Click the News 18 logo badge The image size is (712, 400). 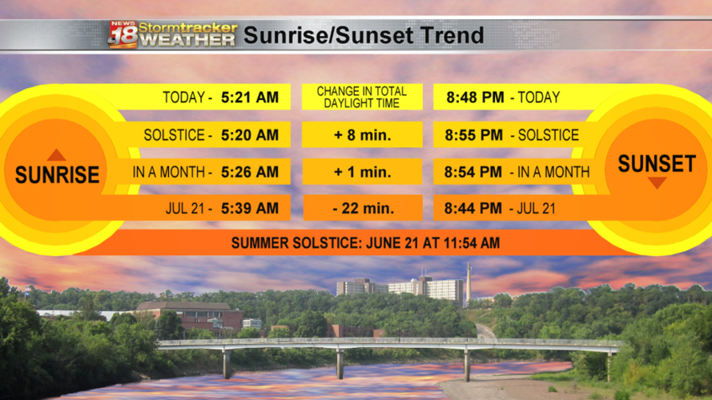coord(123,34)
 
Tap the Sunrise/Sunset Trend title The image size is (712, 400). coord(363,35)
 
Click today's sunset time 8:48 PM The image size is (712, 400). coord(475,98)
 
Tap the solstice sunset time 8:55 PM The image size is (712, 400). coord(475,135)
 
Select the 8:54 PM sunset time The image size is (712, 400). coord(475,172)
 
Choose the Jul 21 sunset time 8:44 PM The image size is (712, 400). coord(475,209)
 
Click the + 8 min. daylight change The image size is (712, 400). coord(362,135)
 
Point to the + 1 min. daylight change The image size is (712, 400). coord(362,172)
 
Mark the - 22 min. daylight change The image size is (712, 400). coord(362,209)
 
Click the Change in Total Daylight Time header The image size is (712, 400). coord(362,98)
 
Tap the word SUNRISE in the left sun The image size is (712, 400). coord(57,175)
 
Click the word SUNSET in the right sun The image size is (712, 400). coord(657,164)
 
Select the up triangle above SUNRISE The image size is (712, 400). coord(56,155)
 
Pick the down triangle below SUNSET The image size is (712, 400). coord(657,183)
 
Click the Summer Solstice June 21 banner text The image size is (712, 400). coord(365,242)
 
